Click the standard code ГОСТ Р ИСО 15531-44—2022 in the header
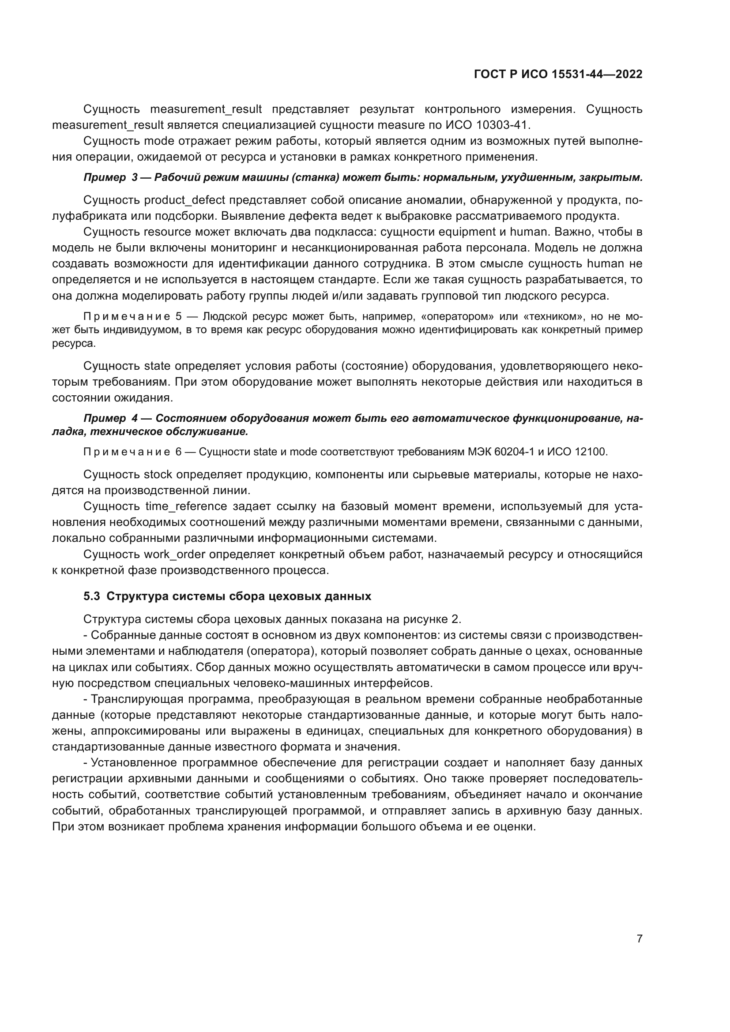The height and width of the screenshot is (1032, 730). coord(558,74)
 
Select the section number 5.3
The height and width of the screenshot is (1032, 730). coord(92,597)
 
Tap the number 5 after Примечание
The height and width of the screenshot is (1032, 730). coord(178,316)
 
